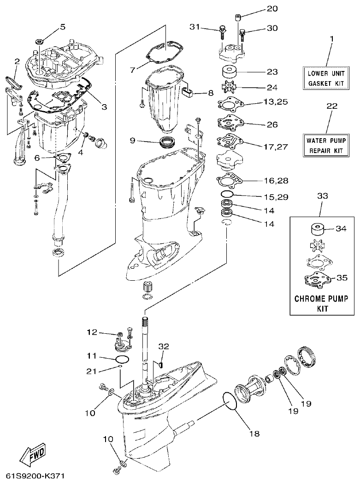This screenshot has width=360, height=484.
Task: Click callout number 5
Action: pyautogui.click(x=63, y=27)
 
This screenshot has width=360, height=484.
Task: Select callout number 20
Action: pyautogui.click(x=272, y=8)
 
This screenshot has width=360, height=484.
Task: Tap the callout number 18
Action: pyautogui.click(x=254, y=433)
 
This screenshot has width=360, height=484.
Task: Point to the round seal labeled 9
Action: pyautogui.click(x=166, y=141)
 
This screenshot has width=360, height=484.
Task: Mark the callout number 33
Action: pyautogui.click(x=323, y=196)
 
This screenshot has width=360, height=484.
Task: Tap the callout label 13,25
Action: pyautogui.click(x=276, y=101)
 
